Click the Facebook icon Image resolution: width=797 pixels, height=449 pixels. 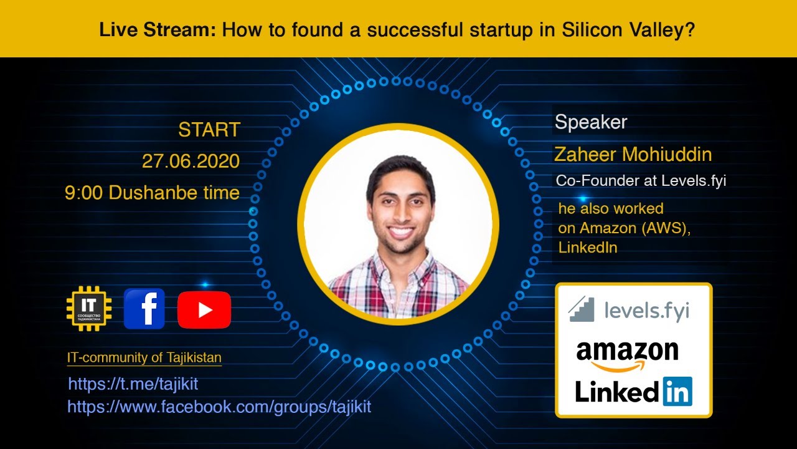tap(144, 309)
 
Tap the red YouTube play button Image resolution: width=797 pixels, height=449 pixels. tap(204, 310)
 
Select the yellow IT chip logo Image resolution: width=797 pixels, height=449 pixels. tap(89, 309)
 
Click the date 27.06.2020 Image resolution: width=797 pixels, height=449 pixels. tap(191, 161)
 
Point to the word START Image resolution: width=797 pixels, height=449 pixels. tap(209, 130)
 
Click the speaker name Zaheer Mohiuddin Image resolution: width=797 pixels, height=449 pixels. tap(633, 154)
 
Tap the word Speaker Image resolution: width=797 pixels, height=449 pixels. tap(590, 122)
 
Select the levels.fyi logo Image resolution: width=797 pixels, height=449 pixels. tap(629, 310)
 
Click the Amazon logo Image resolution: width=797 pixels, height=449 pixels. tap(627, 354)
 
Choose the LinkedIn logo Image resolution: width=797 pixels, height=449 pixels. tap(633, 392)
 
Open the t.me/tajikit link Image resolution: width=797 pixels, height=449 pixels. tap(133, 384)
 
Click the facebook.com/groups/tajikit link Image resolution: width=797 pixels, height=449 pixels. tap(219, 407)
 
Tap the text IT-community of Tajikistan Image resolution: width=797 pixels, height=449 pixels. tap(144, 358)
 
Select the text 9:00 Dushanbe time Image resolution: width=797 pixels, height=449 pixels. tap(152, 193)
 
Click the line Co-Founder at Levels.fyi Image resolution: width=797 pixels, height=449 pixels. tap(641, 181)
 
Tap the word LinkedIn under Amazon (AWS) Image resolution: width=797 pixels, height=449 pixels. tap(588, 248)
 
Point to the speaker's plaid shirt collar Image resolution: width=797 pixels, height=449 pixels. tap(398, 265)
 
